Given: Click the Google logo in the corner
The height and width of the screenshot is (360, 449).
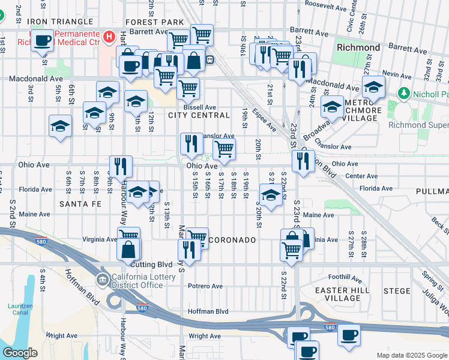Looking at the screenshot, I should tap(20, 353).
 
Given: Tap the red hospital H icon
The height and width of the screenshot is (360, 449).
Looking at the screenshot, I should tap(109, 37).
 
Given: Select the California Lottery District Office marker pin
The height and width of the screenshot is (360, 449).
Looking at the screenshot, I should tap(103, 280).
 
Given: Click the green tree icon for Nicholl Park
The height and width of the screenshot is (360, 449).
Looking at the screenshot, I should tap(403, 94).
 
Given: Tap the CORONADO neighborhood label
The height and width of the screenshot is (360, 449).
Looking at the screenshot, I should tap(234, 239).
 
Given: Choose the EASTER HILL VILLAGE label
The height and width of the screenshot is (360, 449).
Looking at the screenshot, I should tap(338, 294).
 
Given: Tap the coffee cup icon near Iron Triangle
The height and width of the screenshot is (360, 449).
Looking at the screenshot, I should tap(43, 41).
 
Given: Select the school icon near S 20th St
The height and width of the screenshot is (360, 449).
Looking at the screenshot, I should tap(271, 194).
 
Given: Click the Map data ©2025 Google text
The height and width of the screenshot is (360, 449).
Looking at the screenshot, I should tap(411, 355).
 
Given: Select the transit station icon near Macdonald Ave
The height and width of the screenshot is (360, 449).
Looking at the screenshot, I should tap(211, 59).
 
